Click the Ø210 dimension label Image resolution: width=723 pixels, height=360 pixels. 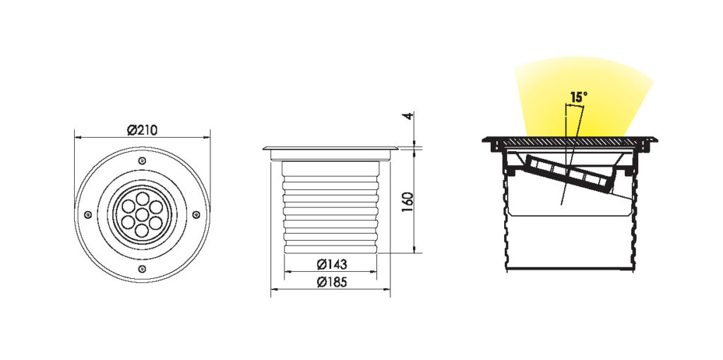point(142,131)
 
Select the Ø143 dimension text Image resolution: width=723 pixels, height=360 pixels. point(332,265)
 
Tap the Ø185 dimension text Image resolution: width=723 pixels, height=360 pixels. point(332,282)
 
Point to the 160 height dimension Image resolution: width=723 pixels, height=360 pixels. point(407,201)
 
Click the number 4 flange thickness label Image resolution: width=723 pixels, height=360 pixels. point(407,116)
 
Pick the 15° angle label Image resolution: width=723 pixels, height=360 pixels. point(579,97)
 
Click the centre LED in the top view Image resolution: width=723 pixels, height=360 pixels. point(142,215)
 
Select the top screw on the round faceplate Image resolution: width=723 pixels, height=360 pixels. point(142,160)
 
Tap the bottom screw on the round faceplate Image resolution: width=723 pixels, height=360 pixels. point(142,269)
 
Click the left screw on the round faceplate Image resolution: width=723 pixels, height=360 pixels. point(88,215)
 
